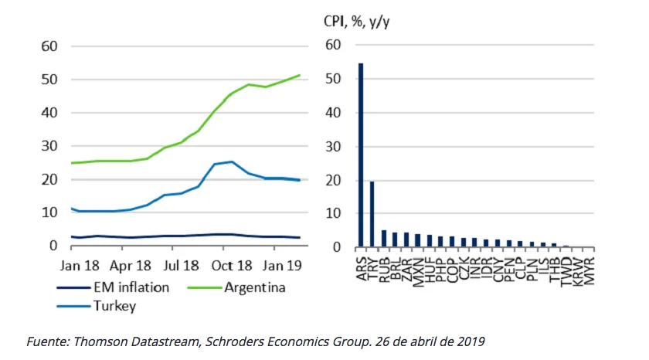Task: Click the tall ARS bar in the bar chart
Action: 361,155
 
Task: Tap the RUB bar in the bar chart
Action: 383,239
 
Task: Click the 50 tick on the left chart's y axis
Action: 49,80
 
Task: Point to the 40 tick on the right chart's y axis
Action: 333,113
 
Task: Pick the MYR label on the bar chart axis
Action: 589,270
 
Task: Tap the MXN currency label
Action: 417,270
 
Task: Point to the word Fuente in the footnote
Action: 46,341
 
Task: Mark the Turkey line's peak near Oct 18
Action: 231,162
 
